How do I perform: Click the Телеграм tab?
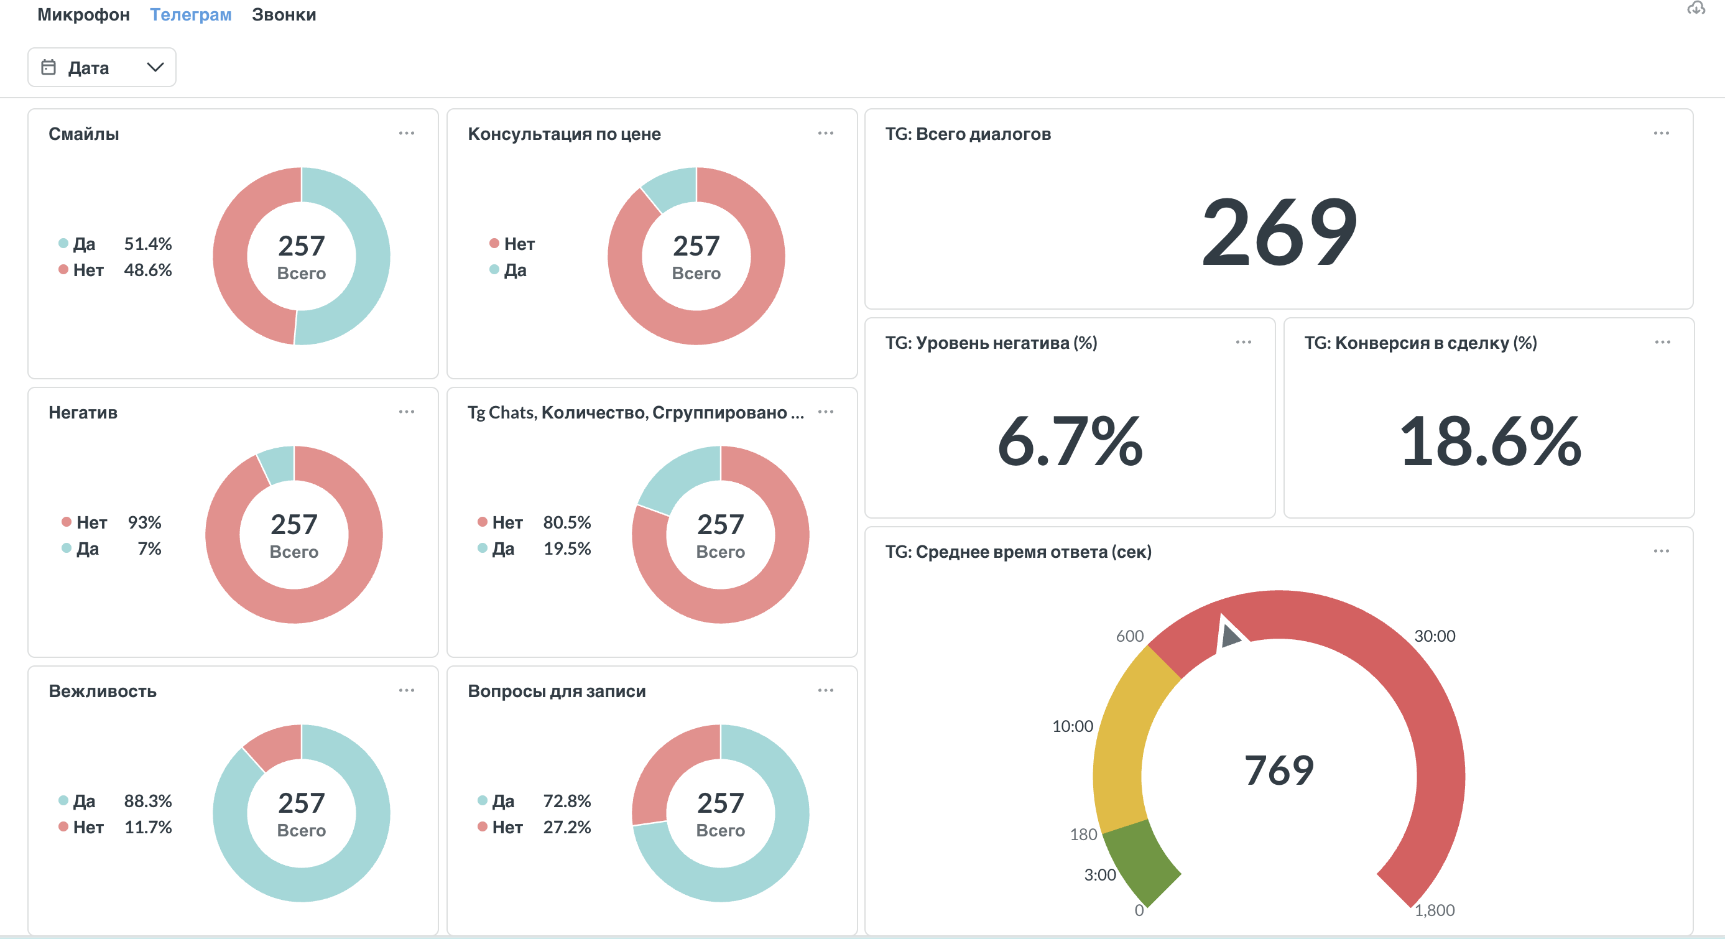coord(190,15)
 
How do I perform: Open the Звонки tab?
coord(284,15)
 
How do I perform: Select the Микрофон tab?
coord(83,15)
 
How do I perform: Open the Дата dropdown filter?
coord(102,68)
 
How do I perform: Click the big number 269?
coord(1279,232)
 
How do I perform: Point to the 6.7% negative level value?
coord(1070,441)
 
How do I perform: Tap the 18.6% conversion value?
coord(1489,441)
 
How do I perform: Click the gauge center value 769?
coord(1279,770)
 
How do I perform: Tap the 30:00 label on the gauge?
coord(1435,636)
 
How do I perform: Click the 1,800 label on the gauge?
coord(1435,910)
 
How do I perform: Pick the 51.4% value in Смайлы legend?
coord(148,244)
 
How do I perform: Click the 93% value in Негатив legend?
coord(145,522)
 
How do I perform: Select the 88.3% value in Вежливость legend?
coord(148,801)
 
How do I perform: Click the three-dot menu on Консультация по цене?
coord(826,133)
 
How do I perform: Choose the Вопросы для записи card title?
coord(557,691)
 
